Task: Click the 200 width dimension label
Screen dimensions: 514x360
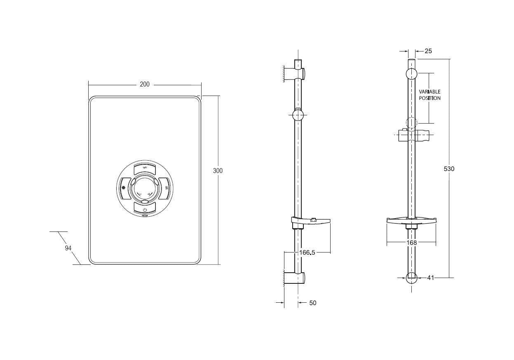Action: (144, 84)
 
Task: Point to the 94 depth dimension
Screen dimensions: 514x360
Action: (68, 248)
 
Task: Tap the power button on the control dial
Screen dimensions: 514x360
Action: (145, 208)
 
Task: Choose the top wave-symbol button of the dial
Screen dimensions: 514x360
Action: (144, 168)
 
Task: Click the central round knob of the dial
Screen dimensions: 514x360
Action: (144, 188)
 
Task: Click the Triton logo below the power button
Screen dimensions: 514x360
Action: (145, 215)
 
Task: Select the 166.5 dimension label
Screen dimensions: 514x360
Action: (307, 252)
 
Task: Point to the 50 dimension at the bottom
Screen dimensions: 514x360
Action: (312, 303)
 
